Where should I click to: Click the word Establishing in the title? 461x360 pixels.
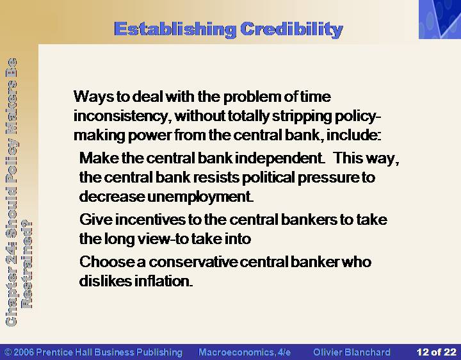point(175,29)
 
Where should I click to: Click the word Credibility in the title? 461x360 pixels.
point(292,29)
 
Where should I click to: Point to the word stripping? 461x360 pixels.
point(302,117)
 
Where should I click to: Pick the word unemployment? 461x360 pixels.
point(200,197)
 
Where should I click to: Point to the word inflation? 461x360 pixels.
point(164,281)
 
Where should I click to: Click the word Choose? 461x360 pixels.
point(107,262)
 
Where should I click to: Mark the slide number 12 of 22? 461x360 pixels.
point(436,352)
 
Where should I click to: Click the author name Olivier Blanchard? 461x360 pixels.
point(352,352)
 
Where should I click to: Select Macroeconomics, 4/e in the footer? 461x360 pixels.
point(245,352)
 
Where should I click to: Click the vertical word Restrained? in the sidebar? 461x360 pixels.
point(27,265)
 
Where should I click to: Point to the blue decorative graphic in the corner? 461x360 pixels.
point(440,19)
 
